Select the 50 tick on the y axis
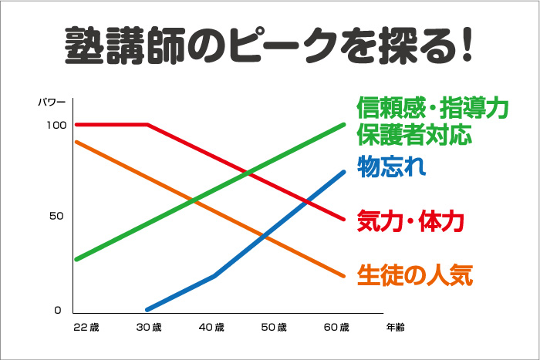tap(56, 216)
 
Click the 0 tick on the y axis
tap(57, 310)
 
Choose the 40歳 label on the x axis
tap(211, 328)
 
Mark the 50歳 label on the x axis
tap(273, 328)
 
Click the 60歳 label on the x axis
tap(336, 328)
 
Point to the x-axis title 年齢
tap(395, 328)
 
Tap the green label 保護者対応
tap(413, 136)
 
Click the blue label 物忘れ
tap(391, 167)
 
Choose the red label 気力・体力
tap(410, 221)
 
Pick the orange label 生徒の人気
tap(413, 274)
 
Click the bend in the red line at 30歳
tap(148, 124)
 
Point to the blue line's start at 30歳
tap(147, 308)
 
